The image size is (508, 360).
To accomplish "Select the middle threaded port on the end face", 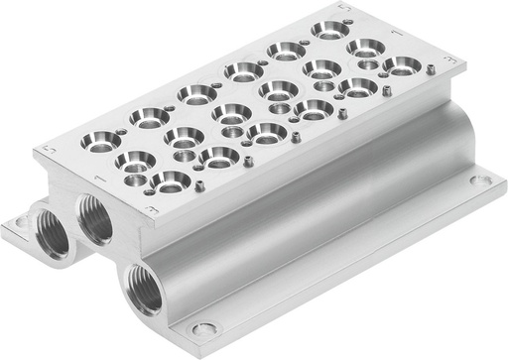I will click(x=96, y=219).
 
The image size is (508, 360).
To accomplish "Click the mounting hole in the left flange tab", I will click(x=18, y=223).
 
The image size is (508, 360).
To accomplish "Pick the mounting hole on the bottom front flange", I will click(x=203, y=329).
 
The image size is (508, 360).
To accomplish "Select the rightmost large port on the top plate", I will click(x=402, y=65).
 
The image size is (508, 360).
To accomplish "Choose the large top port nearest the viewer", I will click(x=172, y=180).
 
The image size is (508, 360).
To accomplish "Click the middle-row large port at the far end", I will click(x=365, y=48).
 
